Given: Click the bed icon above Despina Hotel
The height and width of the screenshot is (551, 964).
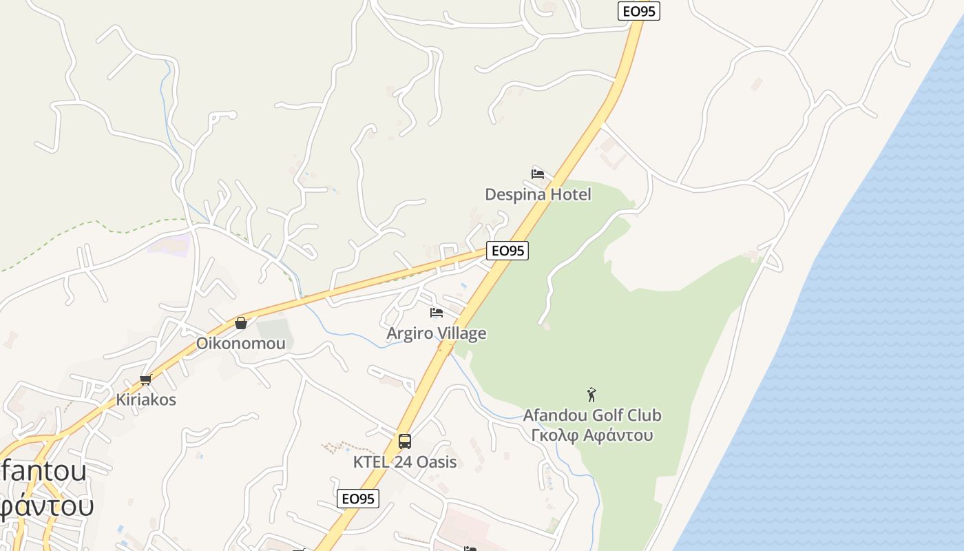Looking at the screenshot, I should (x=538, y=174).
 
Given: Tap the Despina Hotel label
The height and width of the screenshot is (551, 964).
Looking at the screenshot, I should (x=538, y=194).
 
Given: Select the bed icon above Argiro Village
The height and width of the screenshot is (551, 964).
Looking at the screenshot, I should (x=436, y=313).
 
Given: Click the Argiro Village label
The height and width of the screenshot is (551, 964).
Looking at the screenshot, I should (x=436, y=333).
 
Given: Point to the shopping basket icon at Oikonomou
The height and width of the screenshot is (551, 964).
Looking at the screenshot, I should (x=241, y=322).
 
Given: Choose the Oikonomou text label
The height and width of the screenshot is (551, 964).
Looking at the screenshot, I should (x=240, y=343).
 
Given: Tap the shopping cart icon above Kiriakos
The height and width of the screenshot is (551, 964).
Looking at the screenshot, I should (x=145, y=380).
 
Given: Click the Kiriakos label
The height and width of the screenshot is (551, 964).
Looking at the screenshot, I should (x=146, y=399).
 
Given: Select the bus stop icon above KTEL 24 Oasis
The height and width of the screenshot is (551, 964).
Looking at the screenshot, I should (x=405, y=441).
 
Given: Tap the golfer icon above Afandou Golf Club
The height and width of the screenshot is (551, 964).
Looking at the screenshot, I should (x=591, y=395).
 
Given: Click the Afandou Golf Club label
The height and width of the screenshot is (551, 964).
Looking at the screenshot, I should (x=592, y=415).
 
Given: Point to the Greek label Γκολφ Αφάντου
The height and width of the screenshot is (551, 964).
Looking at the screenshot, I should (x=592, y=435).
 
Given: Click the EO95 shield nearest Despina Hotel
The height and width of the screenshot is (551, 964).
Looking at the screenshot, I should (x=507, y=251).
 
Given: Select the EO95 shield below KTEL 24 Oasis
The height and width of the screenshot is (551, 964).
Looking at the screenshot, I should (x=358, y=499).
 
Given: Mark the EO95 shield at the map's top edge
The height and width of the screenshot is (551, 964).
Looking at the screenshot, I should (x=638, y=10).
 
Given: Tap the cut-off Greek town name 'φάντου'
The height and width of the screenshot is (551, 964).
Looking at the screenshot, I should (x=45, y=507).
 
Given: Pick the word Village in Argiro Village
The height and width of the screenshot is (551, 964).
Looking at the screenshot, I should (x=461, y=333).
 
